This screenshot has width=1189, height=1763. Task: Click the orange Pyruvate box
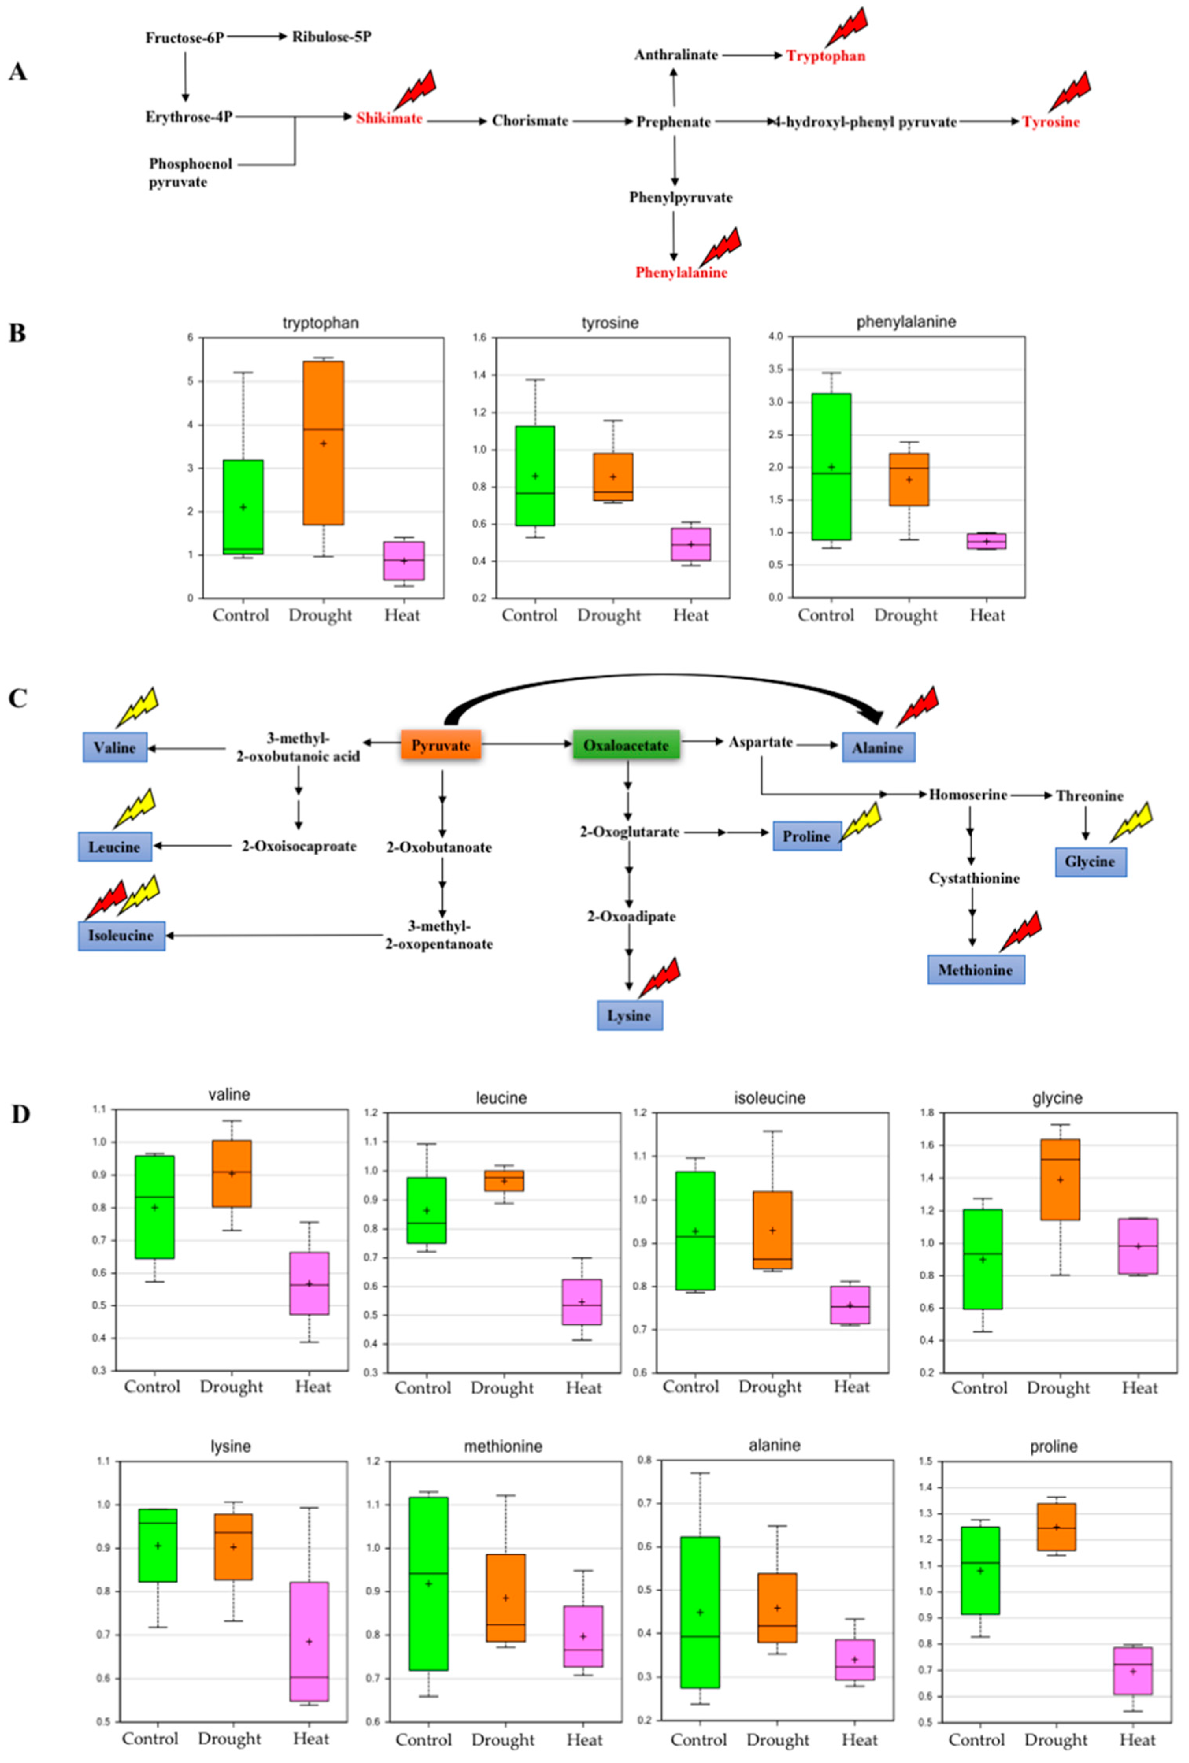[x=441, y=745]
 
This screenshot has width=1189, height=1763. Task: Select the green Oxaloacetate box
[x=625, y=745]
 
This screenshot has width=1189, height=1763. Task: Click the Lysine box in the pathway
[x=629, y=1015]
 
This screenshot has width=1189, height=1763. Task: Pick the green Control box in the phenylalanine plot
[x=831, y=466]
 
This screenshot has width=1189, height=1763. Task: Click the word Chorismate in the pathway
[x=529, y=120]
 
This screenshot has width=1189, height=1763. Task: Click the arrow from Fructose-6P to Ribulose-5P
[x=256, y=36]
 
